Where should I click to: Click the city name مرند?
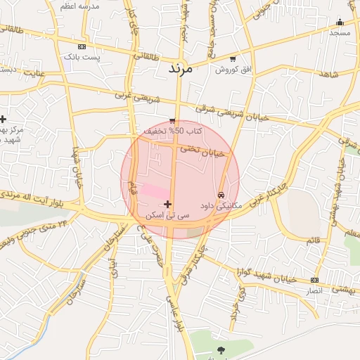click(180, 70)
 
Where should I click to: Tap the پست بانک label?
click(82, 56)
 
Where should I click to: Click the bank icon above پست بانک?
click(82, 46)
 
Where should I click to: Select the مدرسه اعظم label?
click(82, 6)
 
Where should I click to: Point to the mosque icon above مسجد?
click(340, 22)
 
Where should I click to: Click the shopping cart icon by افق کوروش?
click(233, 58)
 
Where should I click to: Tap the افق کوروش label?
click(232, 69)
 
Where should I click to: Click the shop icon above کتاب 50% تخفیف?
click(172, 121)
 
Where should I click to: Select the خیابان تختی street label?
click(202, 150)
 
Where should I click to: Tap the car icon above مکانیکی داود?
click(221, 195)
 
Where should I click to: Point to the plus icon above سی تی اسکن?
click(167, 204)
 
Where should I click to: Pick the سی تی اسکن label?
click(167, 214)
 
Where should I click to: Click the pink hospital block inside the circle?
click(156, 191)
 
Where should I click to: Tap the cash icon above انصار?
click(314, 280)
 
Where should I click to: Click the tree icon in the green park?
click(222, 349)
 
